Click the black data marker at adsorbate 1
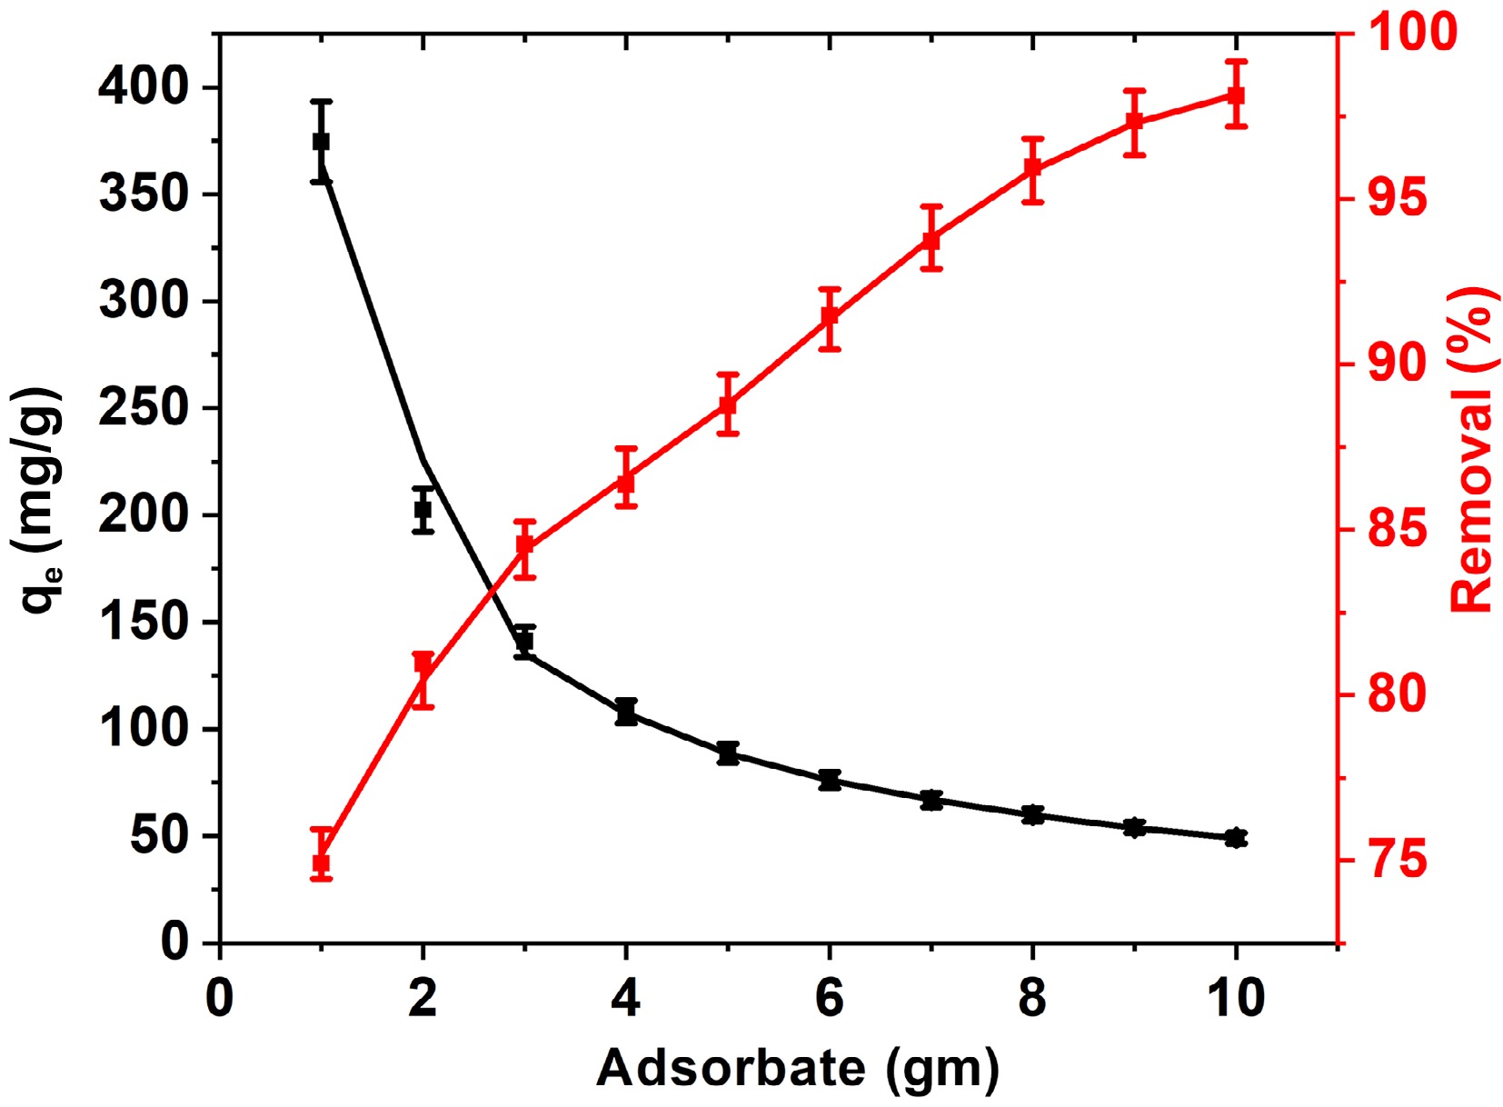(x=321, y=142)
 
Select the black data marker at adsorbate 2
(x=423, y=509)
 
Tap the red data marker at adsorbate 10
(x=1235, y=95)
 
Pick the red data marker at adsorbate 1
(x=321, y=863)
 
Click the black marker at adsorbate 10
(x=1235, y=837)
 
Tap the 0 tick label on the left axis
(x=174, y=942)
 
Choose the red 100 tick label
(x=1411, y=33)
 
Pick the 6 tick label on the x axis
(x=829, y=998)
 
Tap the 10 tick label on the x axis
(x=1235, y=998)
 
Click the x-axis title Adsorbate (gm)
(x=798, y=1069)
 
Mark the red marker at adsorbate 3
(x=524, y=545)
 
